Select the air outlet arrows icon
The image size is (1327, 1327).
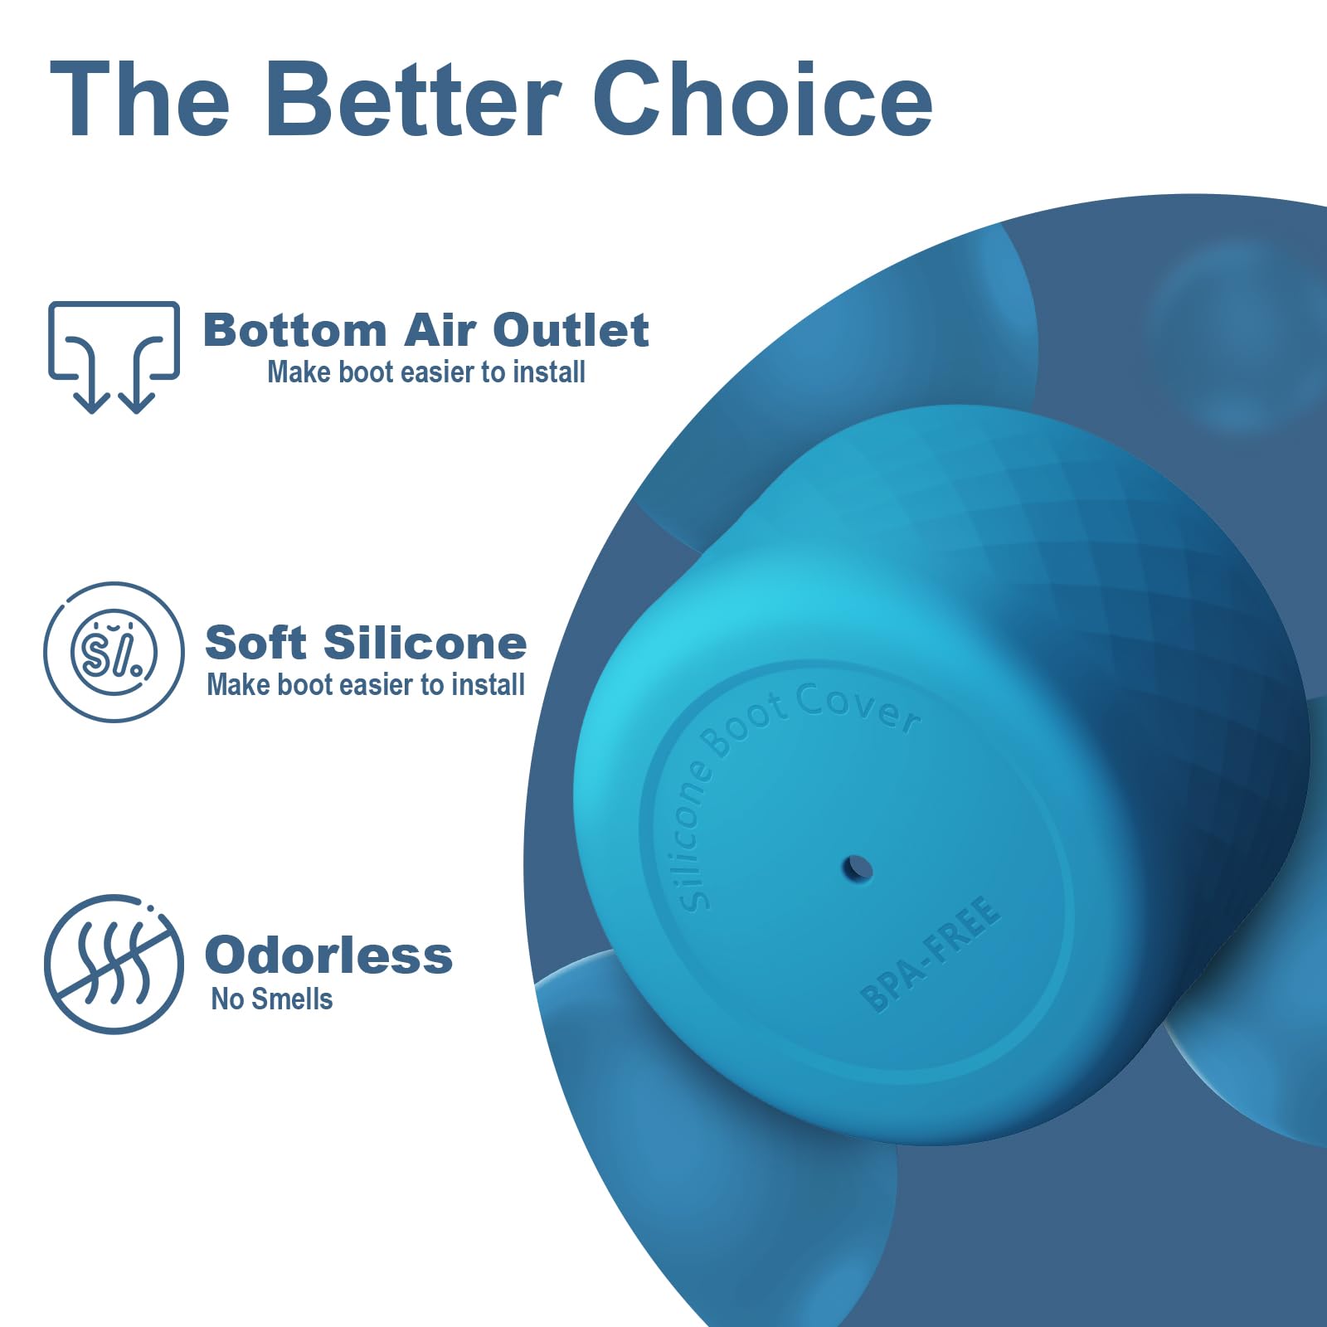[114, 357]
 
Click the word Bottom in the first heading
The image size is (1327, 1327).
[295, 330]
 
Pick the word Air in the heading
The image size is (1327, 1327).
[440, 330]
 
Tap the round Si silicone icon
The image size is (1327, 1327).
[114, 652]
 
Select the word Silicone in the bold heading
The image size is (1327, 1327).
[425, 643]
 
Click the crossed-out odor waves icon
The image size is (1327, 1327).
[114, 964]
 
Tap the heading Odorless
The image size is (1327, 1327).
[328, 955]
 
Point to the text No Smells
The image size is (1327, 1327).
[272, 999]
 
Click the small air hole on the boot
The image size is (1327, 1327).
[858, 869]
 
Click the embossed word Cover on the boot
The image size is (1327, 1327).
[858, 710]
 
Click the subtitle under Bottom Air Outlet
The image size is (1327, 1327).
[426, 372]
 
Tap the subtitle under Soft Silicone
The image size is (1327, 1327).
[366, 685]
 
